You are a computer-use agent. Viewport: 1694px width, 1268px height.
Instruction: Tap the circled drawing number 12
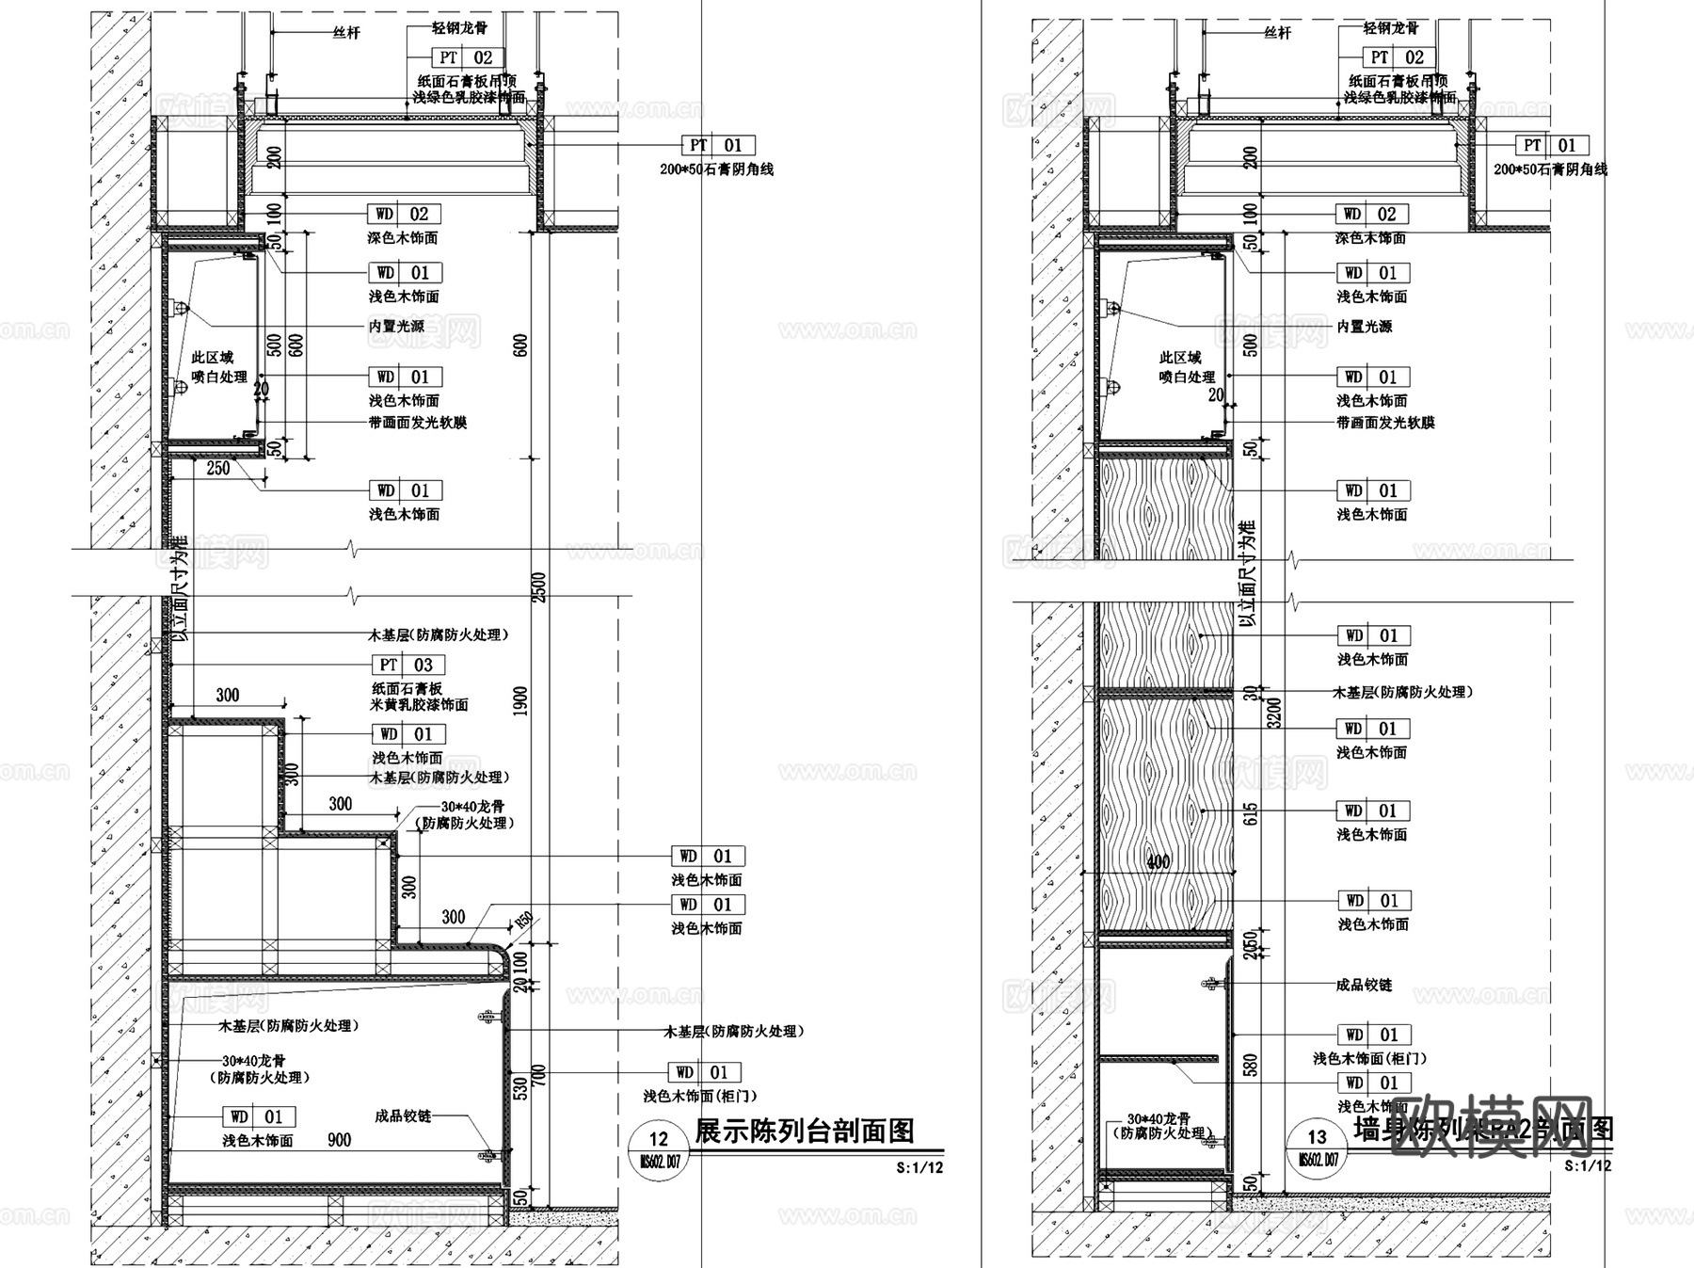point(658,1139)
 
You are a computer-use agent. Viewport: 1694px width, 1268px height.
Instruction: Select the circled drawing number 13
point(1317,1137)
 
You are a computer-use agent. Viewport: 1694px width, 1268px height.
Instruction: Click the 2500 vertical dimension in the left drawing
point(539,587)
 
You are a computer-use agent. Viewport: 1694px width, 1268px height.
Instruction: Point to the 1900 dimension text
point(520,701)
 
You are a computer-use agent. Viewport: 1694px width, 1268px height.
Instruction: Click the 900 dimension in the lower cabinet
point(339,1140)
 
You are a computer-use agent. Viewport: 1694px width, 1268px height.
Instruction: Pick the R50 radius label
point(522,920)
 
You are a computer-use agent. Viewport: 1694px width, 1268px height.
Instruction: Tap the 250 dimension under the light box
point(217,468)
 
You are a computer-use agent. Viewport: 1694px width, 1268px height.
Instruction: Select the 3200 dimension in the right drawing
point(1274,713)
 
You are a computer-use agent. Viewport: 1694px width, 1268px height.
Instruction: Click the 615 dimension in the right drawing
point(1250,814)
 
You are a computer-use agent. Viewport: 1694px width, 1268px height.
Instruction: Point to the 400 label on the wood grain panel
point(1159,861)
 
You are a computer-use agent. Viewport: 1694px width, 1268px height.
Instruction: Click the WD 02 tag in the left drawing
point(404,214)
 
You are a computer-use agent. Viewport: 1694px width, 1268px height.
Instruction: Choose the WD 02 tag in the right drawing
point(1371,214)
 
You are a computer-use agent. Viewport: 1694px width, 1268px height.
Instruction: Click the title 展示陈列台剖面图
point(805,1131)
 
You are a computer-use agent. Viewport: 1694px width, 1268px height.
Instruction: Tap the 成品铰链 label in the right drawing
point(1364,985)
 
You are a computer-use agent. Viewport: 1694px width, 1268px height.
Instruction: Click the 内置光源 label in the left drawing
point(396,326)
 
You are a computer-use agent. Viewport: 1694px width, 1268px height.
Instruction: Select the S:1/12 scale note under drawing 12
point(919,1168)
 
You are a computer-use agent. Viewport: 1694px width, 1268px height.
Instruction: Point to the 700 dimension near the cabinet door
point(538,1076)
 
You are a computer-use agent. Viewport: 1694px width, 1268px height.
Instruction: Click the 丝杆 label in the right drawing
point(1277,33)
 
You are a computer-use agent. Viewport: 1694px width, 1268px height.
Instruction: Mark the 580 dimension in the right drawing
point(1250,1065)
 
